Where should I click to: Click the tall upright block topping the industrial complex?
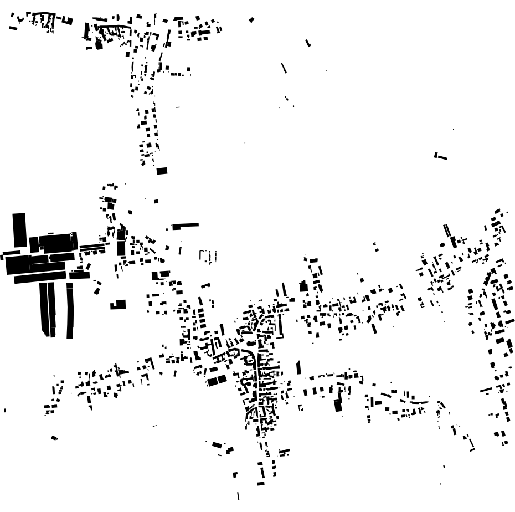(x=19, y=230)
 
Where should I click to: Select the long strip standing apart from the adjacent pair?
(x=70, y=310)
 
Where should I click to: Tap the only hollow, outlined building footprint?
(x=208, y=255)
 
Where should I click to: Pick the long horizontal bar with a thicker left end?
(x=185, y=226)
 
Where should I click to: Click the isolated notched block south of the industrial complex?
(x=119, y=304)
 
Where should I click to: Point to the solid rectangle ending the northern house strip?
(x=162, y=171)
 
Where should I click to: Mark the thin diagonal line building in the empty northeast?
(x=284, y=68)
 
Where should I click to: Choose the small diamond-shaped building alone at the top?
(x=251, y=20)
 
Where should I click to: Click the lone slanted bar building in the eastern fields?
(x=440, y=156)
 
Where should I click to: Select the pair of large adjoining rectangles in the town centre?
(x=217, y=380)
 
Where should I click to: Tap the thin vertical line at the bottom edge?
(x=238, y=495)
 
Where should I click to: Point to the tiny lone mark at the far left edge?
(x=5, y=410)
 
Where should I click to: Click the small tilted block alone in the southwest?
(x=54, y=438)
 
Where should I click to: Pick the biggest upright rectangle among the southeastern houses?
(x=338, y=405)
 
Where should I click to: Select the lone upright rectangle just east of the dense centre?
(x=298, y=367)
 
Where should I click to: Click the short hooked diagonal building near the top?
(x=308, y=43)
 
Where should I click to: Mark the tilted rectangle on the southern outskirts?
(x=217, y=445)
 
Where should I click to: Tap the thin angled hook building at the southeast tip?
(x=471, y=443)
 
